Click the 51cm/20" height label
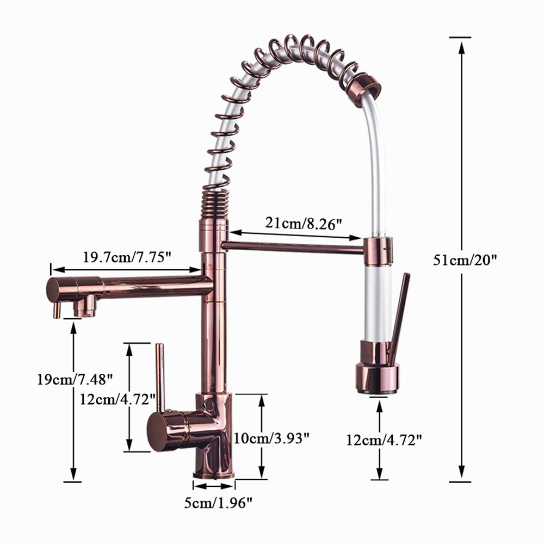465,260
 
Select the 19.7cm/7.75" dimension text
127,257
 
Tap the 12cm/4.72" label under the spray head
384,439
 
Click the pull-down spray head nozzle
377,379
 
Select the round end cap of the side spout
54,289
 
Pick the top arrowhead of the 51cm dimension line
461,46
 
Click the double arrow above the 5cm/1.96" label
213,487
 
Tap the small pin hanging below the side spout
55,311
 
